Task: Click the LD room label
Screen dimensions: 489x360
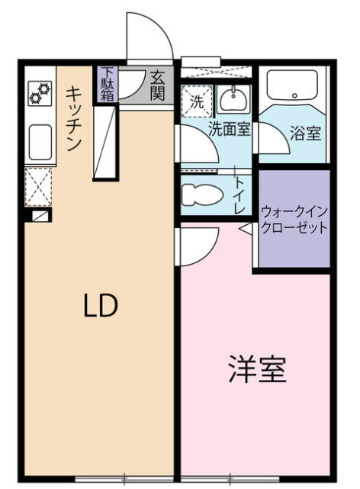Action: click(100, 306)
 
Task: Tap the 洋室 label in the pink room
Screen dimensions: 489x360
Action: click(257, 370)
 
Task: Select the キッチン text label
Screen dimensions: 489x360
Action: click(74, 117)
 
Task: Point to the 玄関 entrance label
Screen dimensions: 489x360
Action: click(159, 85)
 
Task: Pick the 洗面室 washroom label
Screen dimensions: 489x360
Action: click(230, 129)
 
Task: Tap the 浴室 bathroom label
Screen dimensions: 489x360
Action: click(305, 132)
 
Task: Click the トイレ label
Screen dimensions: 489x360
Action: click(239, 195)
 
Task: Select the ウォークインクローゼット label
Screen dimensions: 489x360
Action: click(294, 219)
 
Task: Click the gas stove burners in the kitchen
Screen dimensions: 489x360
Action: click(39, 93)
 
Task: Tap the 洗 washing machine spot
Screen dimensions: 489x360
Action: click(197, 100)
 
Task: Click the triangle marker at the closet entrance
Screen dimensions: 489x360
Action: click(245, 227)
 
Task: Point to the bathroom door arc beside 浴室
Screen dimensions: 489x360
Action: click(268, 140)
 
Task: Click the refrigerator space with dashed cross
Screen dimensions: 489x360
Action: click(37, 188)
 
